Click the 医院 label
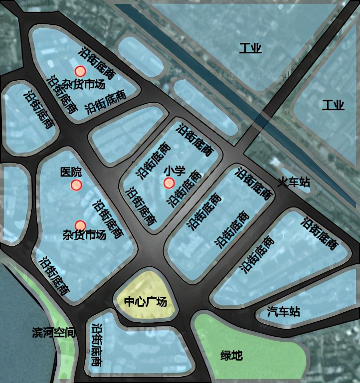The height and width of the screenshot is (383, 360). pos(70,172)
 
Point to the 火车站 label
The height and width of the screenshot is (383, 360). pos(294,182)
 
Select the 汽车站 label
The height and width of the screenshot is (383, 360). pos(283,312)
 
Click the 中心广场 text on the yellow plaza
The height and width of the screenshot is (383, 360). pos(145,302)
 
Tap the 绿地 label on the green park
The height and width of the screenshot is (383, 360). pos(231,356)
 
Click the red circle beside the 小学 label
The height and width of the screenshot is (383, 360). pos(169,183)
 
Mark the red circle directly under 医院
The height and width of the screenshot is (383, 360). pos(76,186)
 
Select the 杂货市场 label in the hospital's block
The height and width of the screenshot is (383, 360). pos(84,235)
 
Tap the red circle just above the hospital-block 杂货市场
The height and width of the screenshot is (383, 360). pos(80,225)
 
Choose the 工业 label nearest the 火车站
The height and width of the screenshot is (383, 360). pos(333,105)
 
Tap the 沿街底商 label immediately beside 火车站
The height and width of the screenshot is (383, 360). pos(255,184)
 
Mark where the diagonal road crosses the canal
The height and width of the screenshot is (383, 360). pos(262,120)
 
